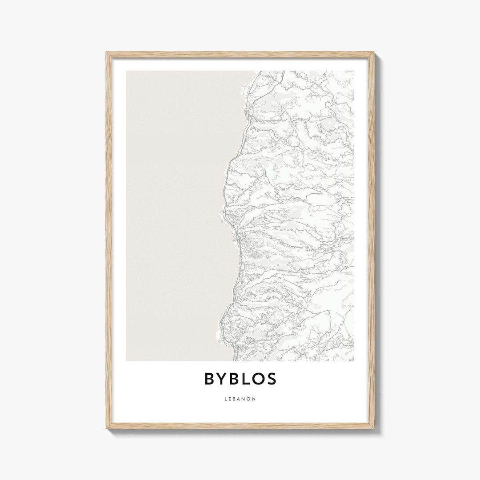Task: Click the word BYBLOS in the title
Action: [240, 379]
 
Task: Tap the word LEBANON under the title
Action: [240, 399]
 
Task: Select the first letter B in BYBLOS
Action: [210, 379]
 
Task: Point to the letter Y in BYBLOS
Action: [222, 379]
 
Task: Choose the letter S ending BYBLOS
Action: [271, 379]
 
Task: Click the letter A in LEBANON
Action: [239, 399]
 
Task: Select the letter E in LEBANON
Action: [230, 399]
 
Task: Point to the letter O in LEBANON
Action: [249, 399]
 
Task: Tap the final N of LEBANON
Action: [254, 399]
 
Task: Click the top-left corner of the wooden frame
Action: [107, 53]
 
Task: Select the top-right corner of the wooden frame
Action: [373, 53]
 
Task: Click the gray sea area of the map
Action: [178, 213]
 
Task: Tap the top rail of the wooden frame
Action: [240, 54]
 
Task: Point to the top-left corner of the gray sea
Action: [127, 72]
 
